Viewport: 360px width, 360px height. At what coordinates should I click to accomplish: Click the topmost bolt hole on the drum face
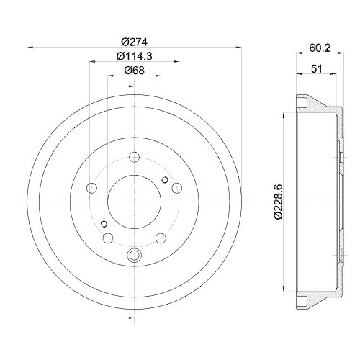(135, 158)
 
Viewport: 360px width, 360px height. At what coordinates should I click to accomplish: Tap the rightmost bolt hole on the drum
(177, 188)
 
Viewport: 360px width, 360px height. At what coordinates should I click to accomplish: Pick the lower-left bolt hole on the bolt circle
(109, 238)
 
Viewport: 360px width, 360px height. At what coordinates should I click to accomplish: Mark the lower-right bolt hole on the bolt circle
(161, 238)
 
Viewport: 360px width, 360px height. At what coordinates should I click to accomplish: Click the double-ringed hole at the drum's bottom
(135, 254)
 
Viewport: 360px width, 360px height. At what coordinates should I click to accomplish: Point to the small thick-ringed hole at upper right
(165, 180)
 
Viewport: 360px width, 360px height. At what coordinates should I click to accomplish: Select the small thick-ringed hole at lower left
(104, 223)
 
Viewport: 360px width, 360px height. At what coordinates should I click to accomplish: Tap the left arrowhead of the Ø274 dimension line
(29, 48)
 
